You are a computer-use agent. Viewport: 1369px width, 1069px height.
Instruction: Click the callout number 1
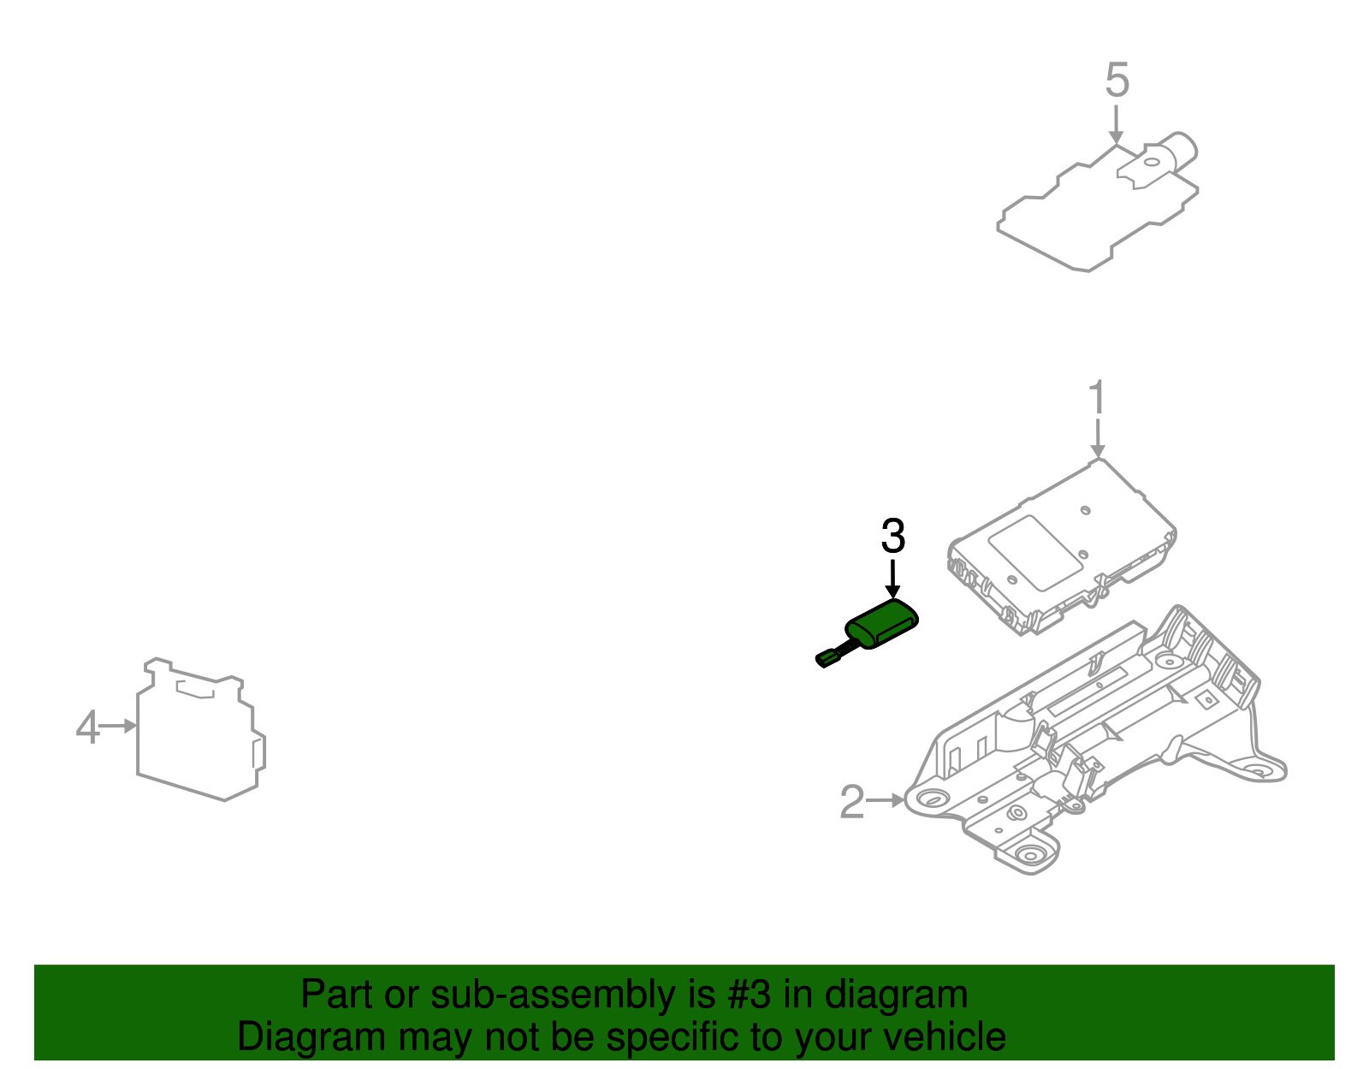pyautogui.click(x=1097, y=400)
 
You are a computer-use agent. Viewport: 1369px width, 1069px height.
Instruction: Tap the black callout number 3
pyautogui.click(x=892, y=537)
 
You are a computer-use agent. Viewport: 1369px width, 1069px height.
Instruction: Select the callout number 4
pyautogui.click(x=87, y=728)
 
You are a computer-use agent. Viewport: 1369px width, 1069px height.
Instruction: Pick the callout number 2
pyautogui.click(x=851, y=802)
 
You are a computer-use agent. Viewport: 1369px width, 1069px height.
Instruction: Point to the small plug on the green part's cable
pyautogui.click(x=827, y=658)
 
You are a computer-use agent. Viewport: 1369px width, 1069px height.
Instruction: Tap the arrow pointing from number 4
pyautogui.click(x=119, y=726)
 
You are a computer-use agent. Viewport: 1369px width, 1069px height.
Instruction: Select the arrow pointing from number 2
pyautogui.click(x=885, y=800)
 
